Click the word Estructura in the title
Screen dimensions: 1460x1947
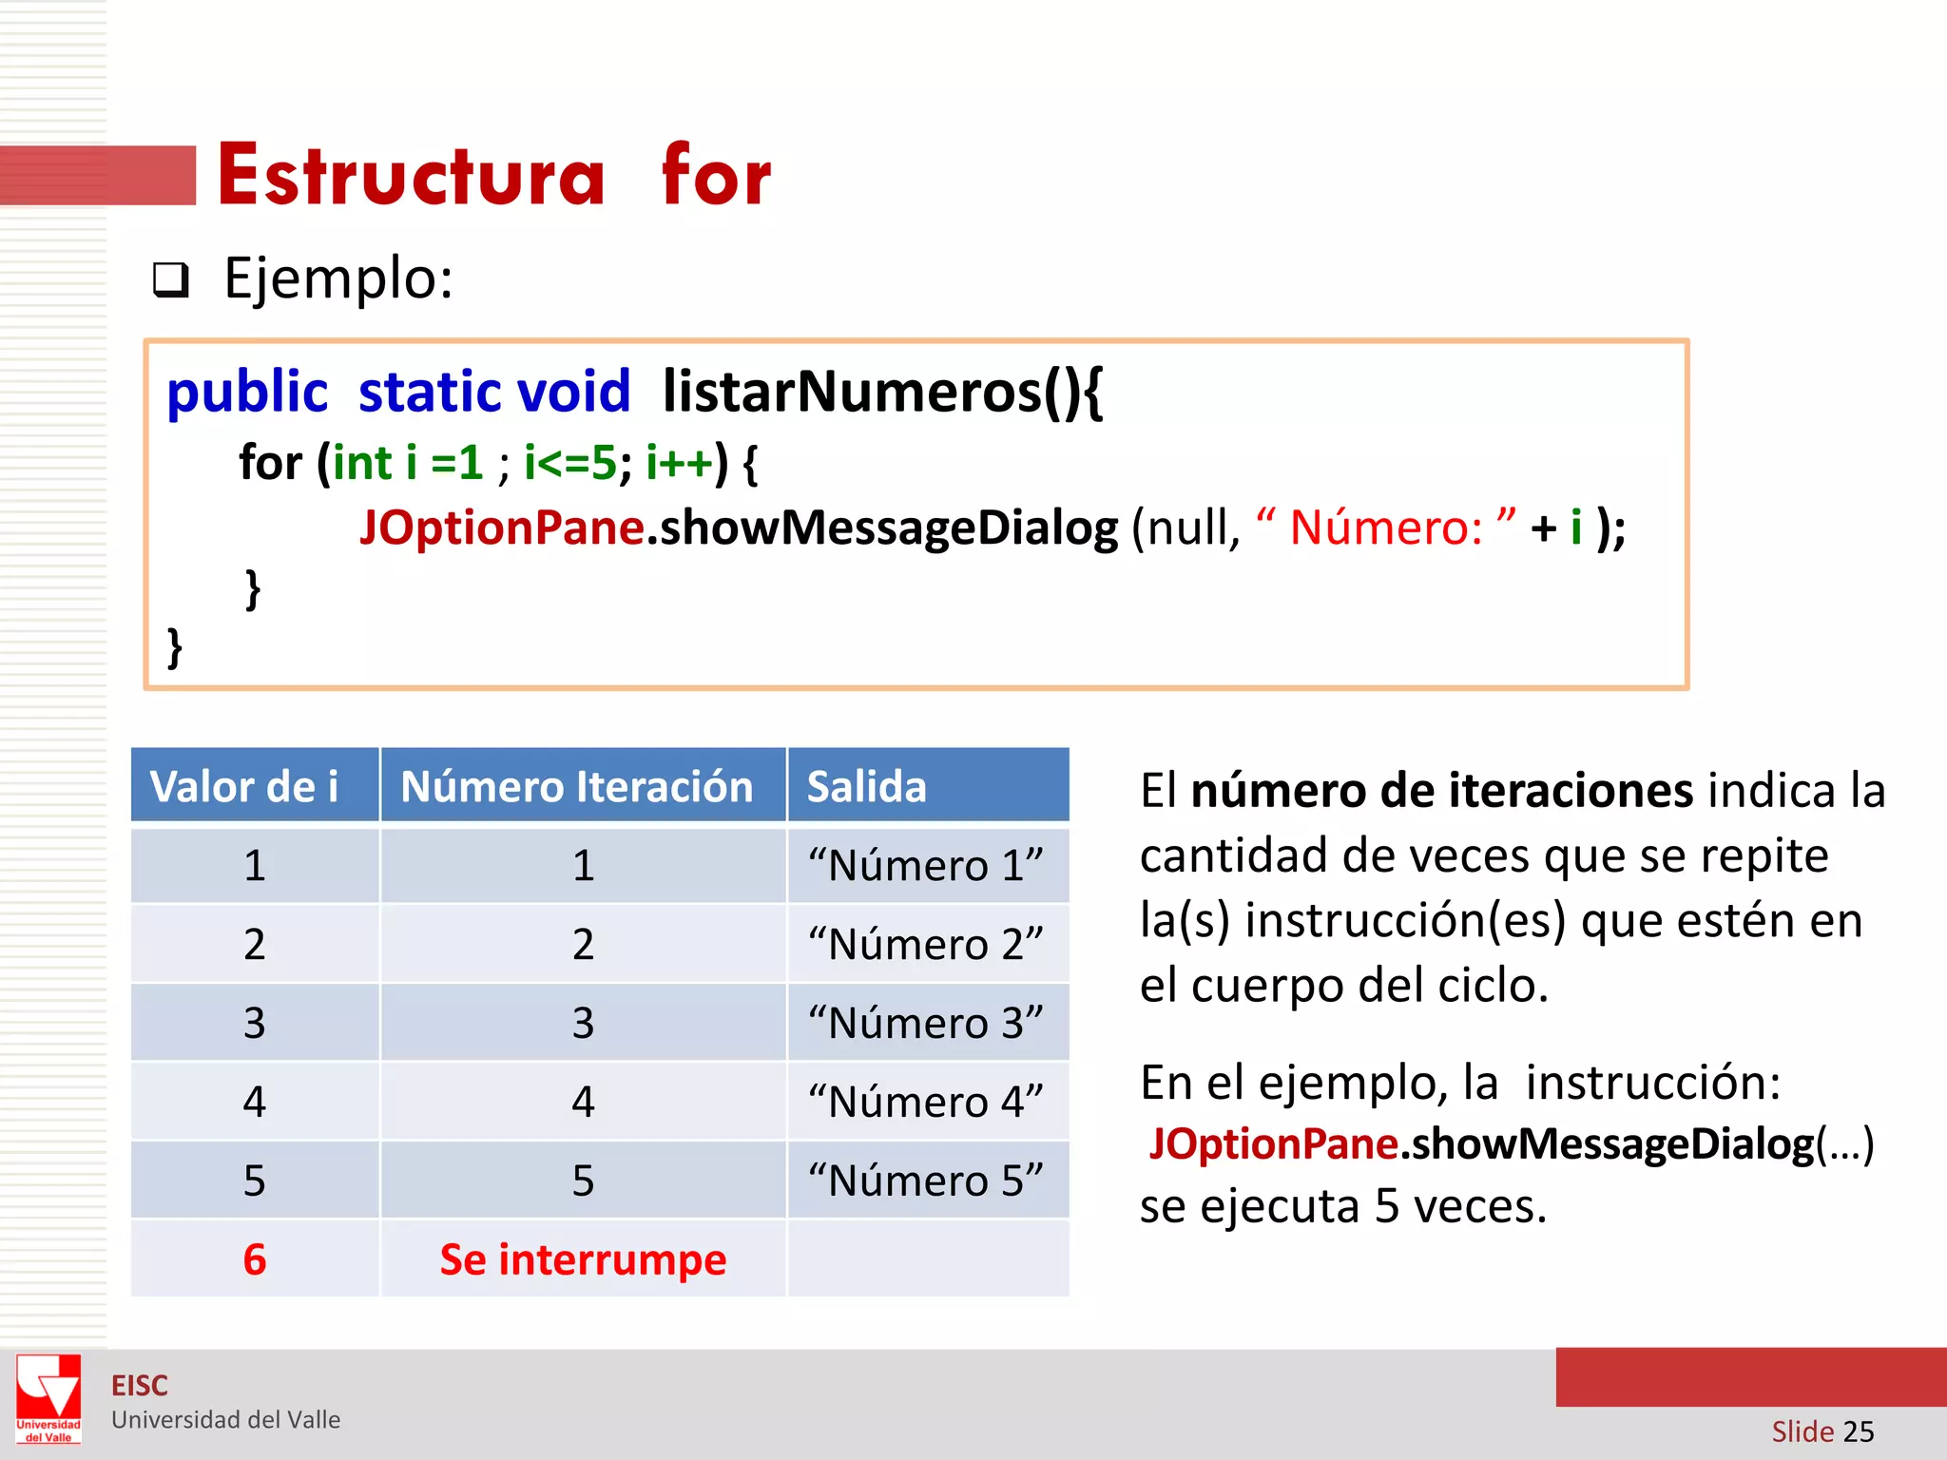tap(411, 176)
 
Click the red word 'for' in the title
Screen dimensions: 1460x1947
tap(716, 176)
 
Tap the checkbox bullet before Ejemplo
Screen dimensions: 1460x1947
tap(171, 280)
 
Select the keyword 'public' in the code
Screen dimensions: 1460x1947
tap(247, 392)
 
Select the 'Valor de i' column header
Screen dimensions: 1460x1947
tap(244, 787)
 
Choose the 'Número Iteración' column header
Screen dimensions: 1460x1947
tap(577, 787)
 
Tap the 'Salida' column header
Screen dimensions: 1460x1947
tap(866, 787)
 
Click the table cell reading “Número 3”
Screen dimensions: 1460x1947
tap(926, 1024)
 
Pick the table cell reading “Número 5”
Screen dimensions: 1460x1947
tap(926, 1181)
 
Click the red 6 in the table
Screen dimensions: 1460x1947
tap(255, 1260)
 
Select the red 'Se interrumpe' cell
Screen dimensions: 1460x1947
tap(583, 1260)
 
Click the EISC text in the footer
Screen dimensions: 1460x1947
tap(140, 1386)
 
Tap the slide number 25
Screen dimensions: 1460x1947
tap(1858, 1431)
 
